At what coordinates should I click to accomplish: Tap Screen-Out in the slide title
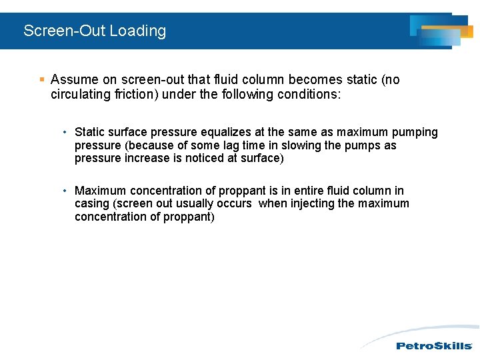tap(65, 31)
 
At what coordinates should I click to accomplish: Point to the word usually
tap(195, 204)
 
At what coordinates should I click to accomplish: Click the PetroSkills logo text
tap(434, 345)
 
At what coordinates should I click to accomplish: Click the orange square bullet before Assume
tap(41, 80)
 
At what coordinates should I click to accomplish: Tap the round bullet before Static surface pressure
tap(65, 133)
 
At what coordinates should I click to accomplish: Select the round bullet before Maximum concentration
tap(65, 191)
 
